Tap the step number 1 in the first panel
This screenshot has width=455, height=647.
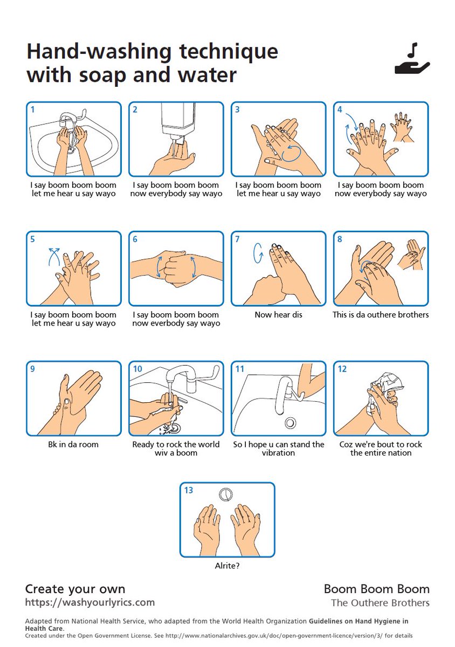[x=33, y=109]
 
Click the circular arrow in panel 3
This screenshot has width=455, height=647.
[x=291, y=153]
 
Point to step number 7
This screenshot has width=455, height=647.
[x=237, y=239]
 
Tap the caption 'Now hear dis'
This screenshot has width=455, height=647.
[x=278, y=314]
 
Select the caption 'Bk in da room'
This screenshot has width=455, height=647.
[x=73, y=444]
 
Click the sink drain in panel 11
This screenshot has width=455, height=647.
[x=290, y=423]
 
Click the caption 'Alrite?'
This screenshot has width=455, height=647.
[x=227, y=566]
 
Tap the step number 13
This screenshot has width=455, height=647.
[x=188, y=490]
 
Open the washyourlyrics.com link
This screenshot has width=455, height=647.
[x=90, y=602]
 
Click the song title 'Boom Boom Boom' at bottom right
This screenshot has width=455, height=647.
[x=376, y=589]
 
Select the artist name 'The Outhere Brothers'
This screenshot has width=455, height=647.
[x=380, y=603]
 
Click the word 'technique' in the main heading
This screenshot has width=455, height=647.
[x=228, y=51]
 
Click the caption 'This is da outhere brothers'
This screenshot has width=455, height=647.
[x=381, y=314]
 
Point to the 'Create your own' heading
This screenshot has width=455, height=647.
[x=75, y=589]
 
